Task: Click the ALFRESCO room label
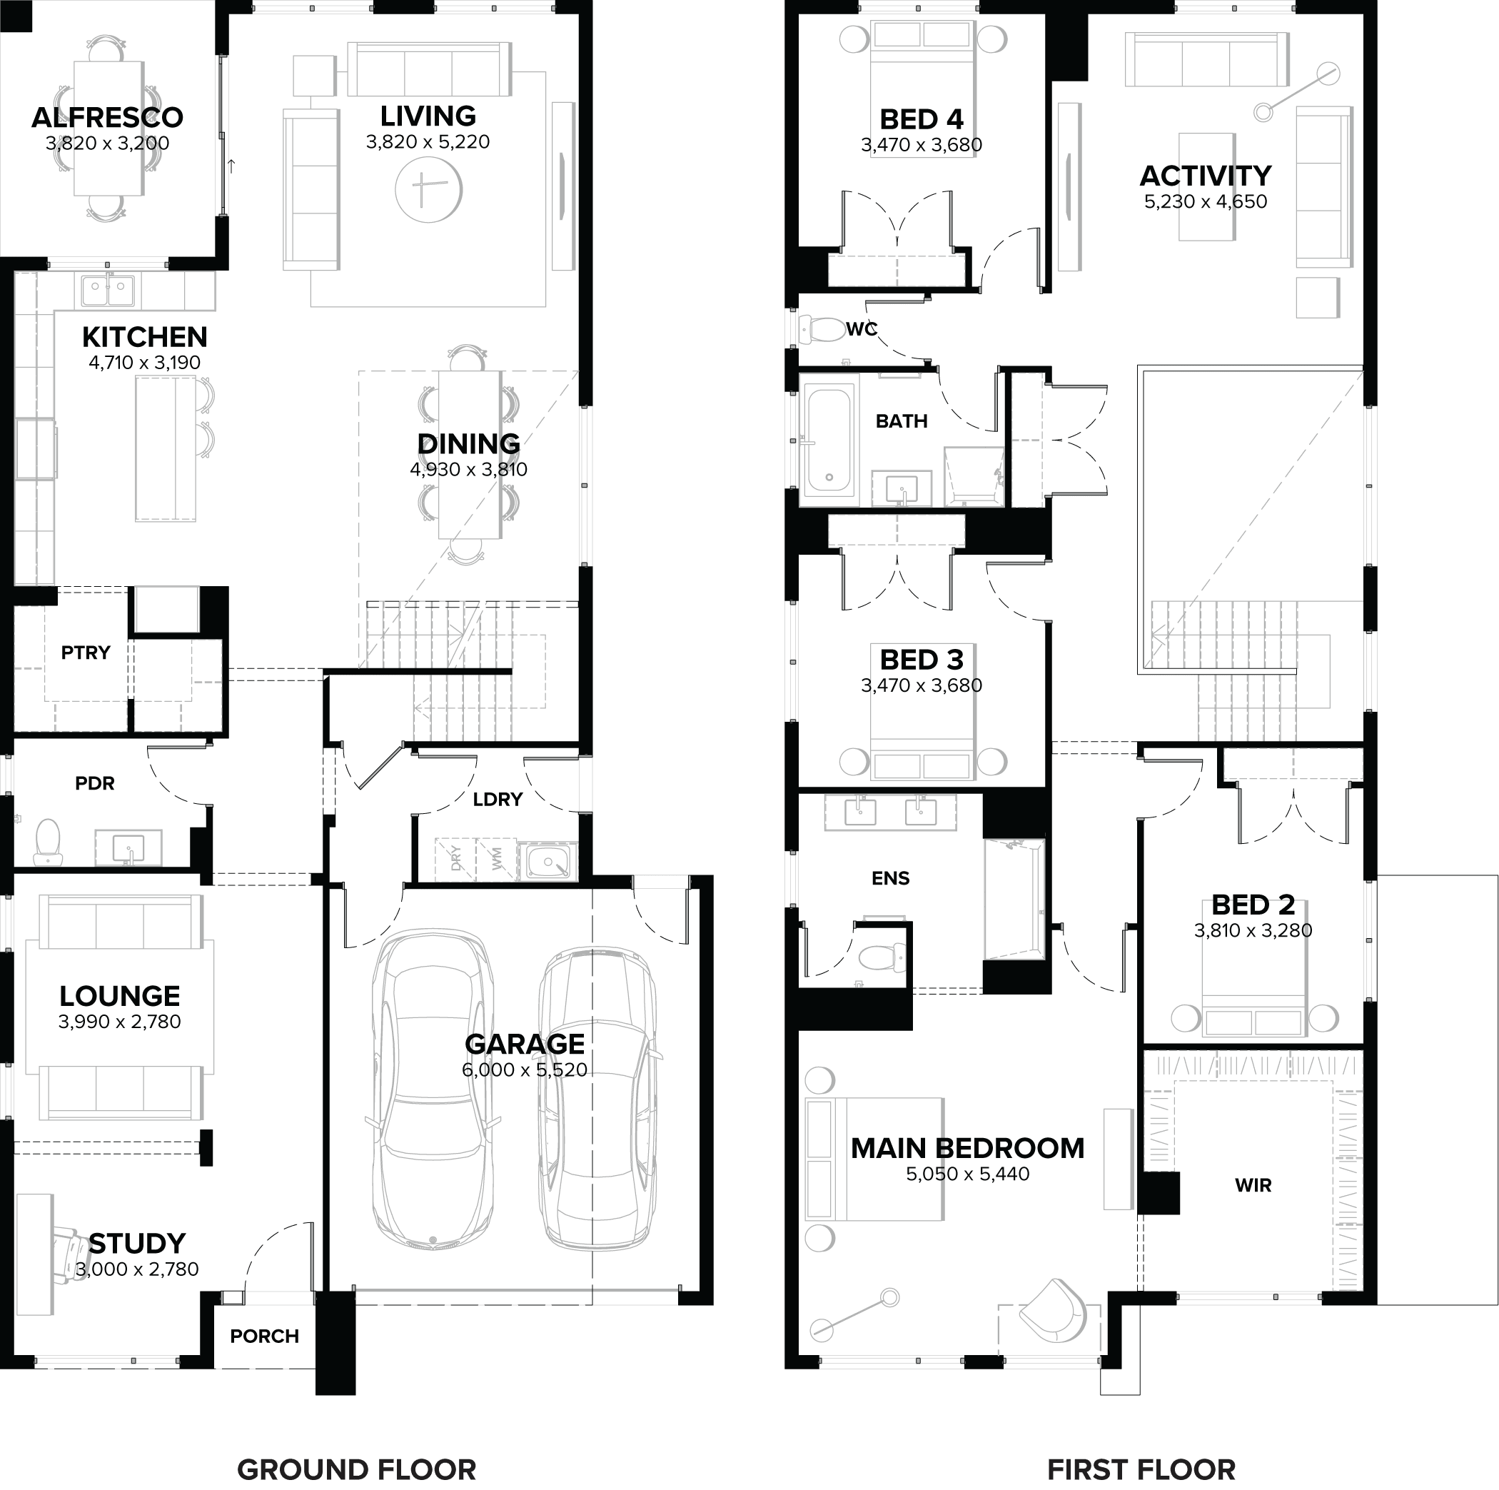click(107, 118)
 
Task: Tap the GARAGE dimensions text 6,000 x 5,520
click(525, 1070)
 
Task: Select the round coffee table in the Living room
click(428, 189)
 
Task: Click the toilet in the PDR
click(48, 841)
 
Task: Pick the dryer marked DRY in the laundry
click(455, 858)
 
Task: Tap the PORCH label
click(265, 1337)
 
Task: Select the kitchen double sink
click(108, 291)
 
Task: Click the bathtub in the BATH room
click(829, 440)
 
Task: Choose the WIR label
click(1253, 1185)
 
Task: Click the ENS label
click(890, 877)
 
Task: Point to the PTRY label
click(86, 653)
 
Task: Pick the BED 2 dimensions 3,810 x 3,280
click(1253, 930)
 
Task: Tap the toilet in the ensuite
click(879, 957)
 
